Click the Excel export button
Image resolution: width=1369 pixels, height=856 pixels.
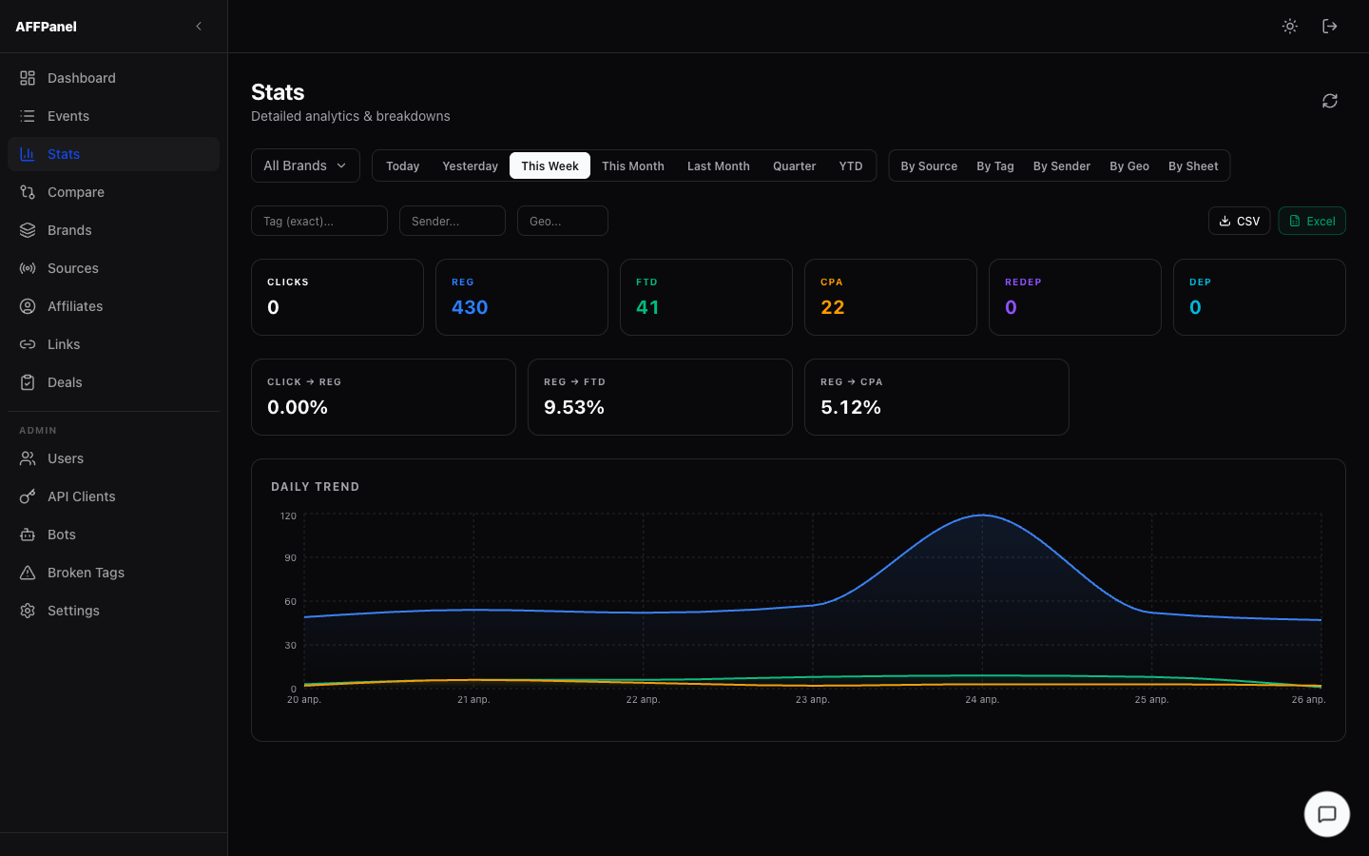click(1312, 221)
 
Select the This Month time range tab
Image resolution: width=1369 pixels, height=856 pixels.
click(632, 165)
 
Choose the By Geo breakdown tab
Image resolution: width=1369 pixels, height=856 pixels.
click(1128, 165)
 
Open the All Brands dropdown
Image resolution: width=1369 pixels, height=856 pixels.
click(305, 165)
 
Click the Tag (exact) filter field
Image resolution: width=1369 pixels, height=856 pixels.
click(319, 221)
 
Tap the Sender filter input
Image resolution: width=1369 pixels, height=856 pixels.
click(453, 221)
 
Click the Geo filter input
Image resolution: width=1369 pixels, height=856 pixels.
click(563, 221)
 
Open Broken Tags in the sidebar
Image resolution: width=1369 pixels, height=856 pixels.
click(86, 573)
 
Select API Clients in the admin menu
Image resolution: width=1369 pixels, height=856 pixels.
click(81, 496)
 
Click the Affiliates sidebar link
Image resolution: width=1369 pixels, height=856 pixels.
click(75, 306)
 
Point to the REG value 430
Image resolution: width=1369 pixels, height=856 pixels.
click(470, 307)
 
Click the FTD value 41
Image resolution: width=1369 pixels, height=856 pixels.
click(647, 307)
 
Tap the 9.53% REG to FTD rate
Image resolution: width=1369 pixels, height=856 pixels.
click(574, 407)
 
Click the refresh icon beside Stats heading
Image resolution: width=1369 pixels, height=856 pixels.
click(1330, 101)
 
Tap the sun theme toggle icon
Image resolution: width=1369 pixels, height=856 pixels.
click(1290, 27)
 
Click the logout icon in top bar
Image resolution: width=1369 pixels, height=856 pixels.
click(1330, 27)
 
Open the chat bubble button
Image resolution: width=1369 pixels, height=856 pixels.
click(1327, 814)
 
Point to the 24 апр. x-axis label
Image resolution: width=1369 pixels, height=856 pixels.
click(982, 699)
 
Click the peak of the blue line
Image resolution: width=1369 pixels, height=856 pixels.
click(983, 515)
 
